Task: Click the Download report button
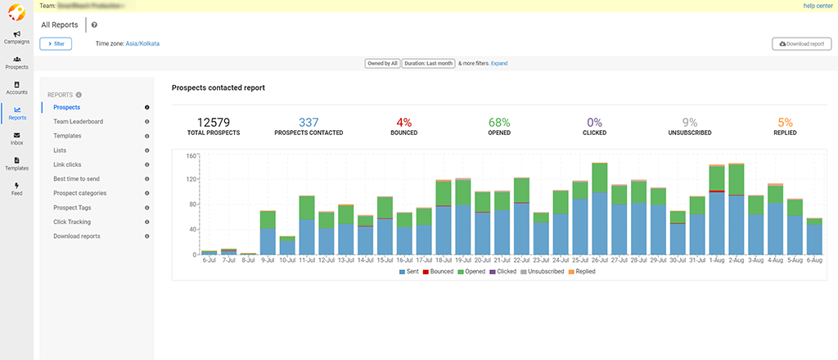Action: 801,43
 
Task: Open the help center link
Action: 818,6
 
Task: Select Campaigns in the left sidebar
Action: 16,38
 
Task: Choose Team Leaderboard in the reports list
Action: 78,122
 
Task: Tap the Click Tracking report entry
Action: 71,222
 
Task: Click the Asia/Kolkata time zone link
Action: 142,43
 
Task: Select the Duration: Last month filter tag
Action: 428,63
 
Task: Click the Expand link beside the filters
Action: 499,63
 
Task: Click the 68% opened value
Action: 499,122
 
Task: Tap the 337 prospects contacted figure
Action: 309,122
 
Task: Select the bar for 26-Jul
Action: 600,209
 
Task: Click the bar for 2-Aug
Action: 737,209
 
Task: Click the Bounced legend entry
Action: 439,271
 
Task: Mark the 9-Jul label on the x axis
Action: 267,261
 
